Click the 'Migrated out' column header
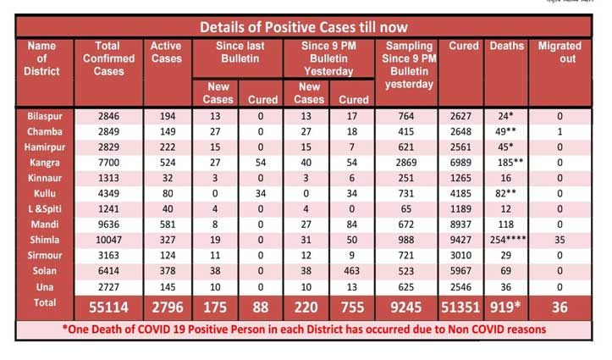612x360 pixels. click(560, 52)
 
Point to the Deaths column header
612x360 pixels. click(506, 46)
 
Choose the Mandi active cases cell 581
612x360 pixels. click(164, 224)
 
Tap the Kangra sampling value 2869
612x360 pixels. click(409, 162)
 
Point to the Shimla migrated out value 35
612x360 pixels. click(560, 239)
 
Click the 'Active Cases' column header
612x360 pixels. click(165, 52)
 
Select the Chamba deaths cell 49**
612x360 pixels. click(507, 131)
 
